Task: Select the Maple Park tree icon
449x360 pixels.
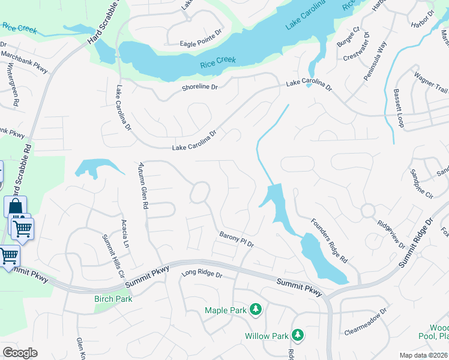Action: (256, 310)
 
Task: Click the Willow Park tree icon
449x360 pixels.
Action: (297, 335)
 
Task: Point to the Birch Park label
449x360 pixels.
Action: (113, 299)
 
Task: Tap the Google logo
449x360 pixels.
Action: (20, 353)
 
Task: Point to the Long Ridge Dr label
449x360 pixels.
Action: (202, 275)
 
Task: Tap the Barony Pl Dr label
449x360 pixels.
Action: (237, 240)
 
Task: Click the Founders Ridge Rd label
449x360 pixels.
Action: (329, 241)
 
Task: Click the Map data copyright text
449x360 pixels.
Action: (424, 355)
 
